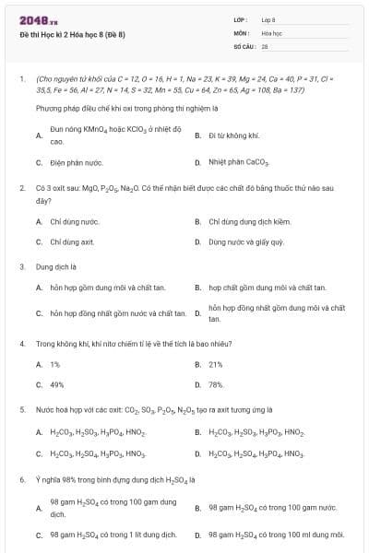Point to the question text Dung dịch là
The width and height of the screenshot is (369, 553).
pyautogui.click(x=54, y=266)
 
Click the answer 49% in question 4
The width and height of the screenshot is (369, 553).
pyautogui.click(x=57, y=384)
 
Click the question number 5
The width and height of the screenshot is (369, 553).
pyautogui.click(x=21, y=409)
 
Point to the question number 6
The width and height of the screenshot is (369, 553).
pyautogui.click(x=21, y=479)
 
